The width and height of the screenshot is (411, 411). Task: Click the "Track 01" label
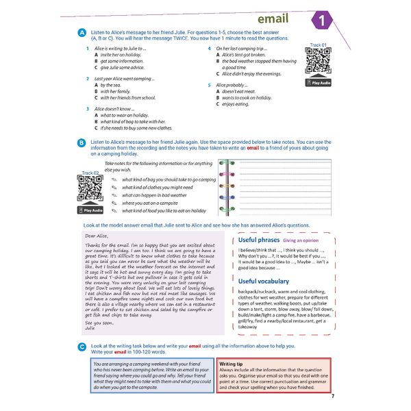coord(317,45)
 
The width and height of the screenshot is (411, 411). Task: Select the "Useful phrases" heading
coord(259,240)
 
